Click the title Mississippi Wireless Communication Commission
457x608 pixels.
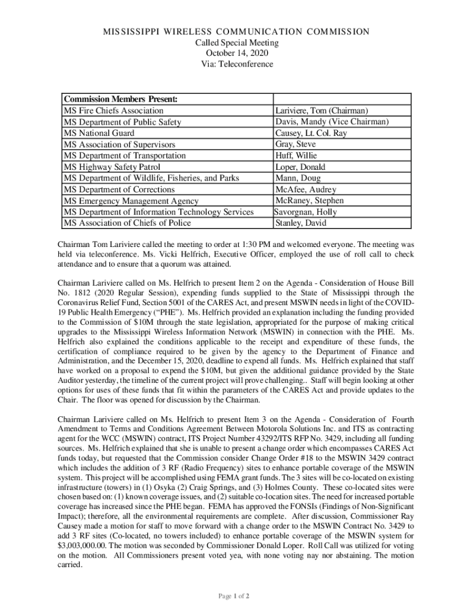coord(228,31)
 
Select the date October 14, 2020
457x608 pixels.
coord(228,53)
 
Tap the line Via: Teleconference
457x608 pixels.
coord(228,64)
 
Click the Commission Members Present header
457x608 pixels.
coord(122,99)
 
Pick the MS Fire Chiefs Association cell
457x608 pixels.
coord(113,110)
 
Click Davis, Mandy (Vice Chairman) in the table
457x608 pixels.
coord(332,122)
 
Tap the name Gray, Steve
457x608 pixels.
coord(296,144)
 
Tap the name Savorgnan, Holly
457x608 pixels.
coord(305,212)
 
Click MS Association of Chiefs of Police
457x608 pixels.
coord(128,223)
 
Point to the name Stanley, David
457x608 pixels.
coord(300,223)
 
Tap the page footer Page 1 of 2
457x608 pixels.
coord(228,596)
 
